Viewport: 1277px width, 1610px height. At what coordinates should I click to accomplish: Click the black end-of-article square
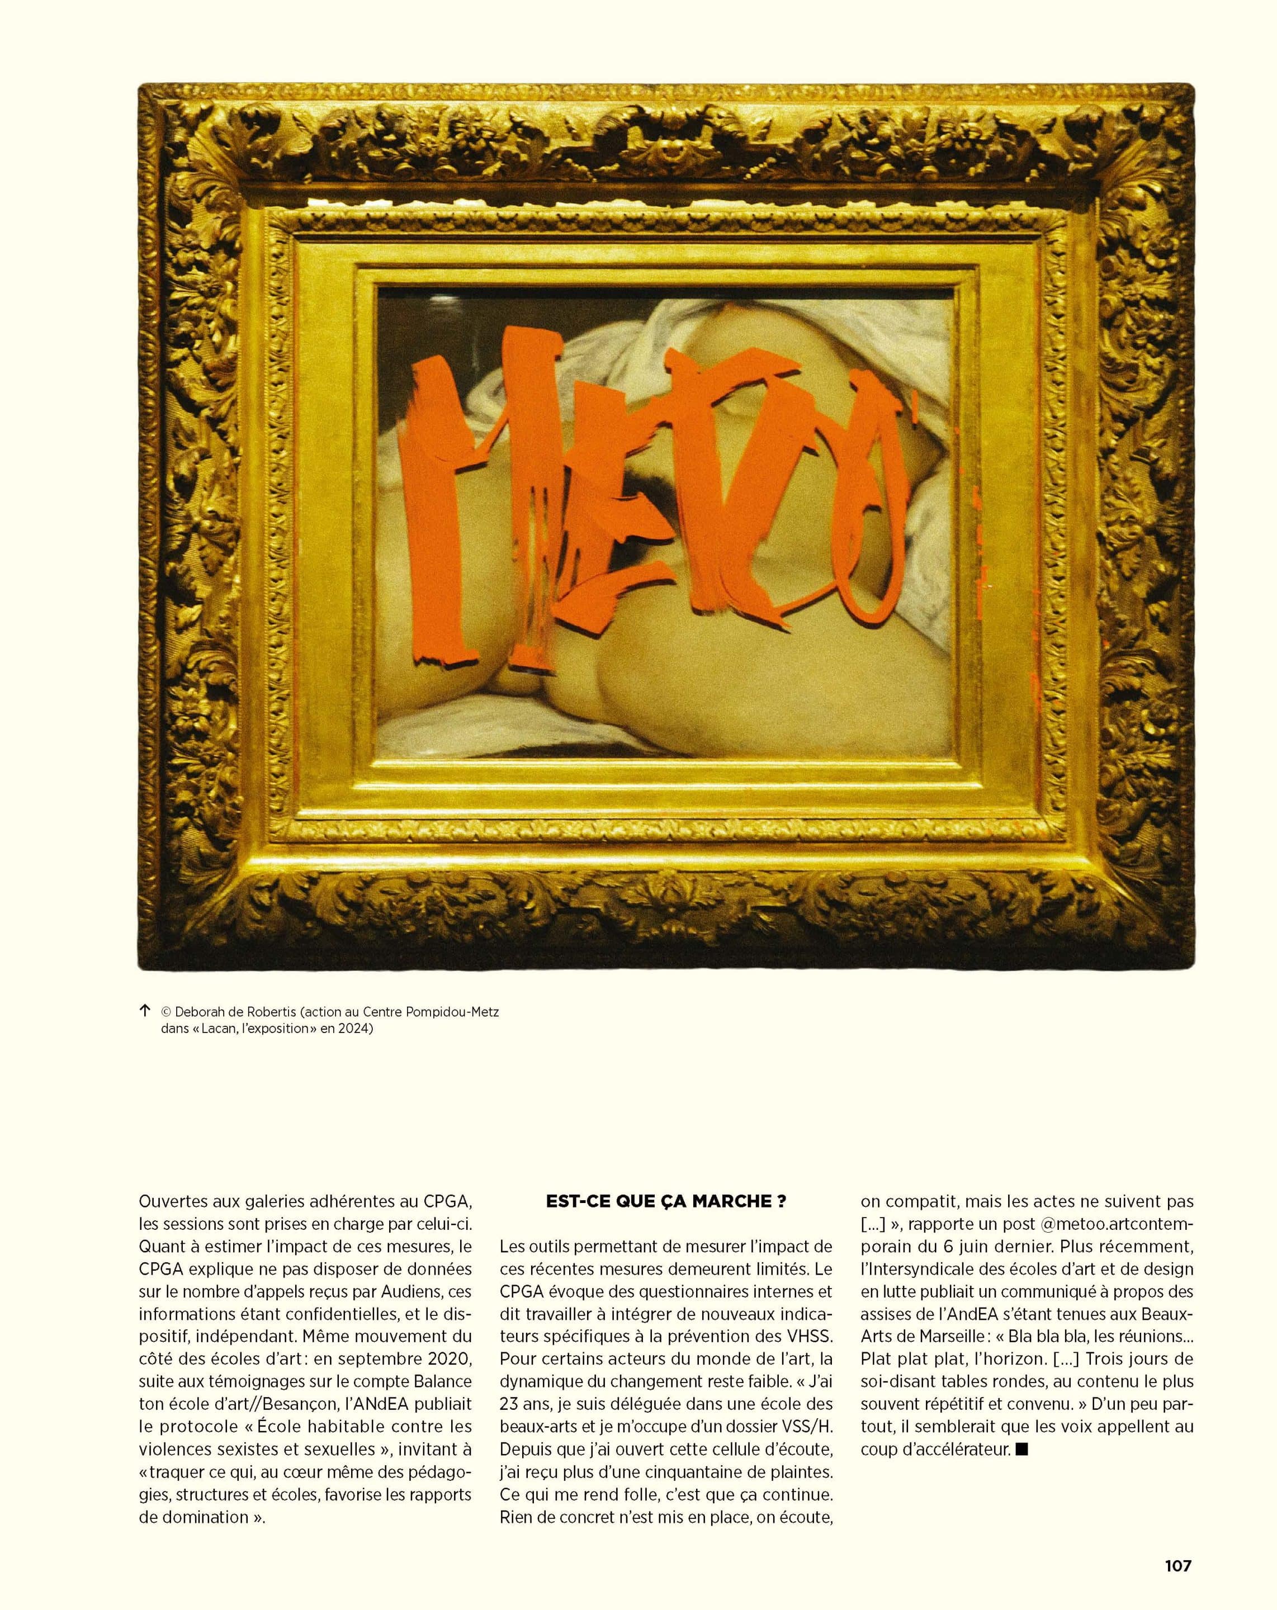click(1023, 1450)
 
